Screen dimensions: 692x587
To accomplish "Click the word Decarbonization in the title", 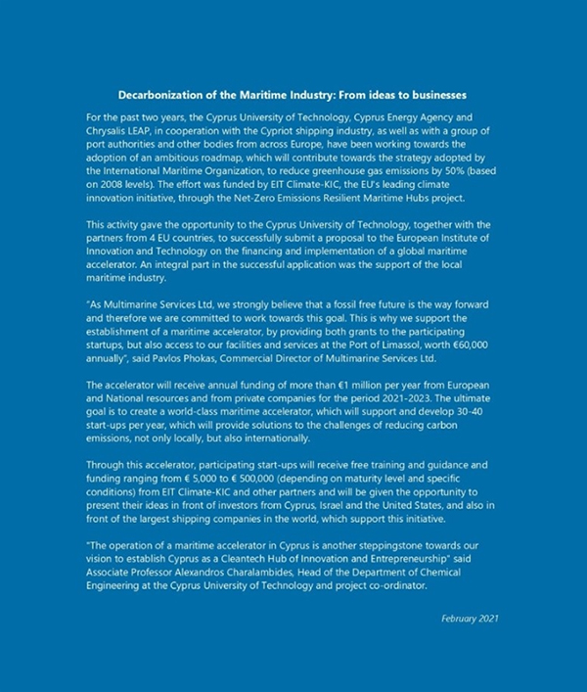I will [160, 95].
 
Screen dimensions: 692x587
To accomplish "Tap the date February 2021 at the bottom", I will [472, 618].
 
